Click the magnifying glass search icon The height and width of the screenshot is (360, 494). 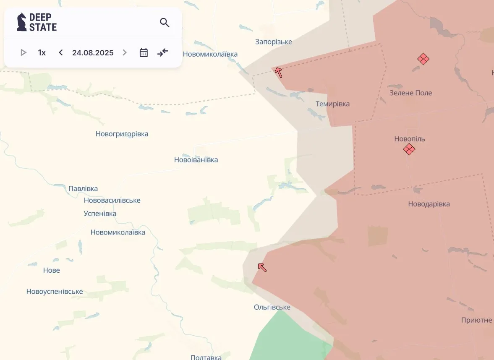click(165, 23)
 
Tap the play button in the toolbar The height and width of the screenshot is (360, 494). click(24, 52)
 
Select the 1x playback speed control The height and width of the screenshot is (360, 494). click(42, 52)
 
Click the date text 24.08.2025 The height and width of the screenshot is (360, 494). click(93, 52)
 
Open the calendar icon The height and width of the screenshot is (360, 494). click(144, 52)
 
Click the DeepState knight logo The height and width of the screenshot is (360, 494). click(21, 22)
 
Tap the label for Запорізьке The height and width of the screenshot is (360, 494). click(274, 42)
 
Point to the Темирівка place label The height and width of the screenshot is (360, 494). click(332, 104)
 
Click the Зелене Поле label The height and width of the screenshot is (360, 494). click(410, 93)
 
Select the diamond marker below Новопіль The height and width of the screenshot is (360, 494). click(409, 149)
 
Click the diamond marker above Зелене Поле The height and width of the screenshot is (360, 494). click(423, 59)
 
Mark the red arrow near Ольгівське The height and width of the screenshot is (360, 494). click(262, 267)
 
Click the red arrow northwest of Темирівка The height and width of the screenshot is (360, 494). click(278, 73)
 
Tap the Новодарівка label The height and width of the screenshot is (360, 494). click(429, 204)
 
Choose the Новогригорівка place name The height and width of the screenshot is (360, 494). click(122, 134)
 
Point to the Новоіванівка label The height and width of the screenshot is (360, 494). click(196, 160)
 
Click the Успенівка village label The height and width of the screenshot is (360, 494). click(100, 214)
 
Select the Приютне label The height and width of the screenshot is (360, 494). click(476, 320)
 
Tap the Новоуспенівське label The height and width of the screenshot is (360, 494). click(55, 292)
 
